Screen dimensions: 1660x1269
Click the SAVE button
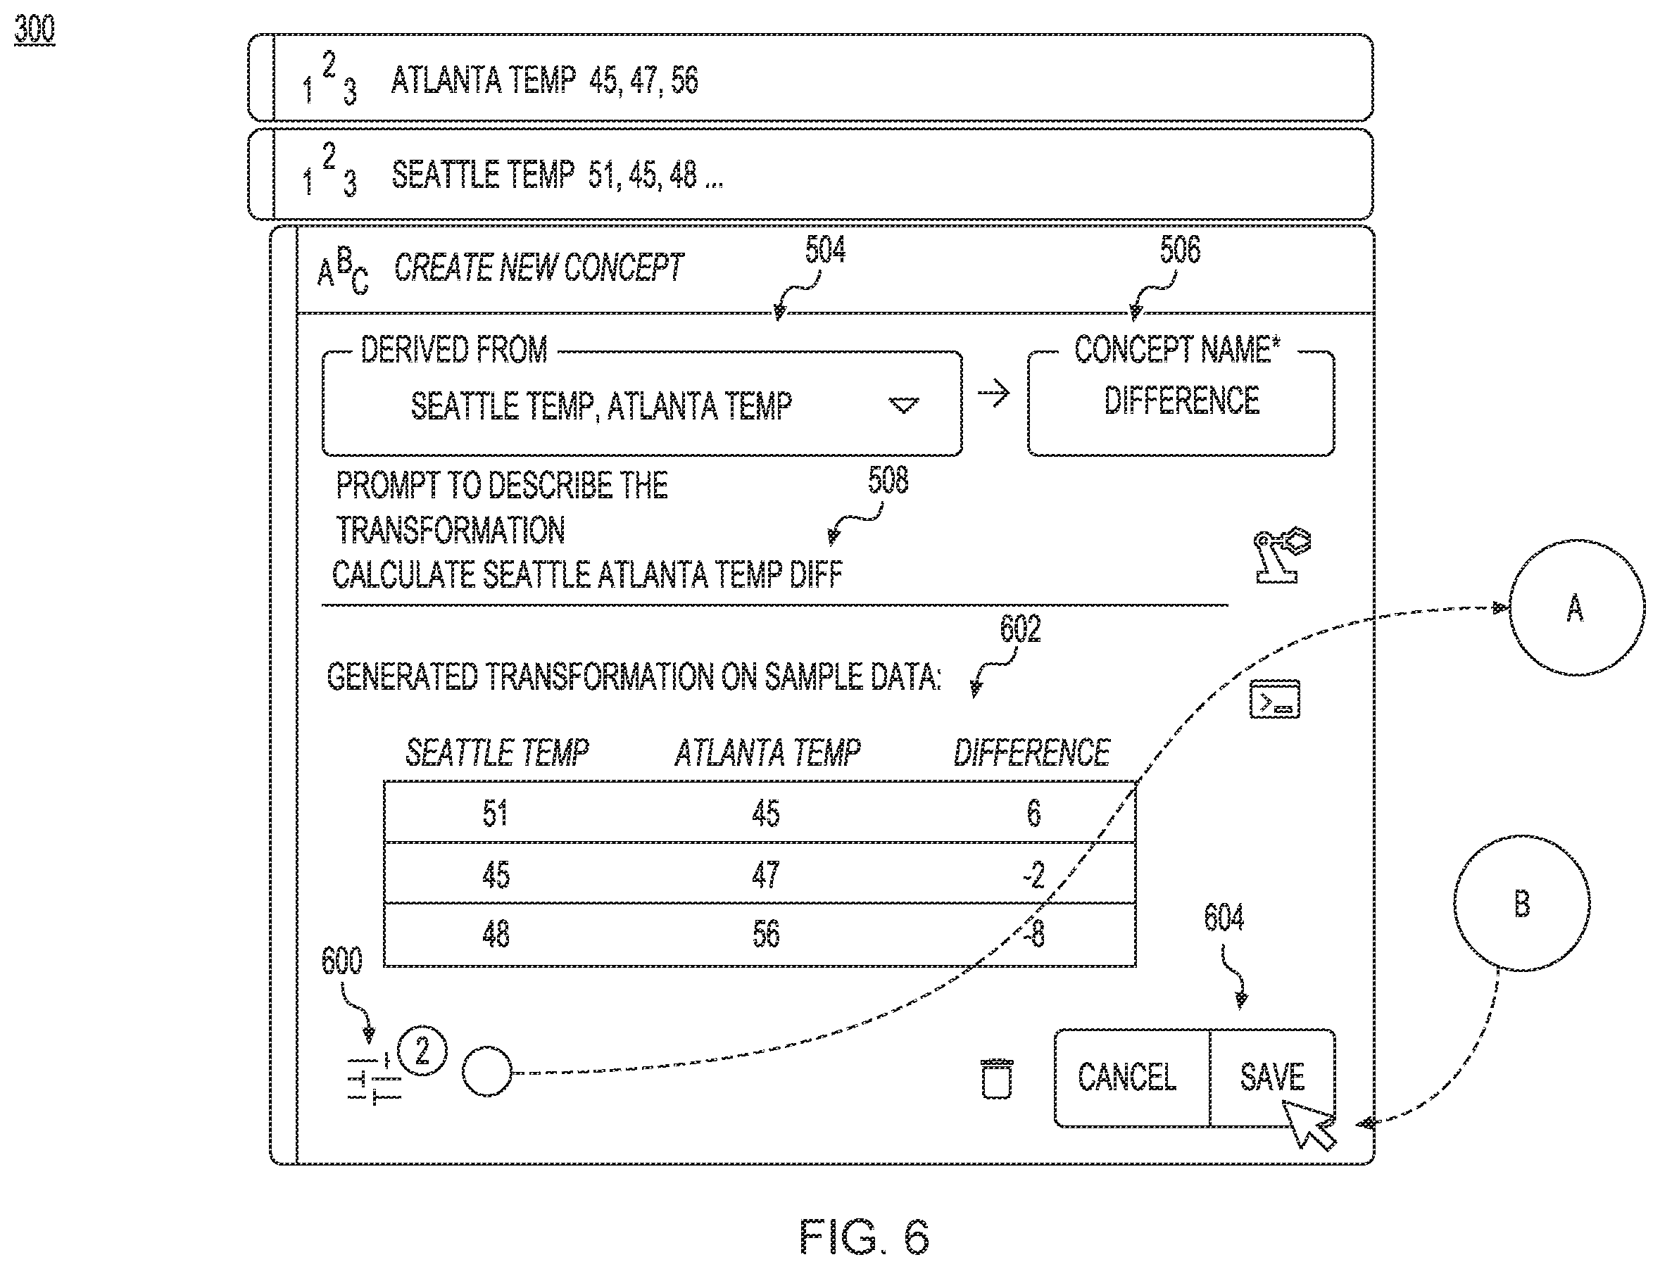[1271, 1077]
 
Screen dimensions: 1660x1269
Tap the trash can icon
[997, 1079]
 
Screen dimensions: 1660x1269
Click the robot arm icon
[1281, 555]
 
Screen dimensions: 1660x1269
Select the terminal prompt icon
[1275, 699]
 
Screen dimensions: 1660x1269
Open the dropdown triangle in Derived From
[904, 405]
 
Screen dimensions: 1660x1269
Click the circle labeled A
[1577, 607]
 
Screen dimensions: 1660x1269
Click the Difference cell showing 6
[1033, 813]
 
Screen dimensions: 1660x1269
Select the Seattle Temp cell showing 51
[495, 813]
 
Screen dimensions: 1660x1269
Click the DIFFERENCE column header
[1031, 752]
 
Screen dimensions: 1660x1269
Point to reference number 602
[1020, 629]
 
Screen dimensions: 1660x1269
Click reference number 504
[825, 249]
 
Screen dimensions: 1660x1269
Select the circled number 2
[422, 1051]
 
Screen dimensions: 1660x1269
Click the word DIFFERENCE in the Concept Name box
[1182, 400]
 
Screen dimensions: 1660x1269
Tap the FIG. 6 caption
[864, 1236]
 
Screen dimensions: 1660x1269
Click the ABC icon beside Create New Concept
[342, 270]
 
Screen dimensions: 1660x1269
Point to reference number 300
[34, 29]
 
